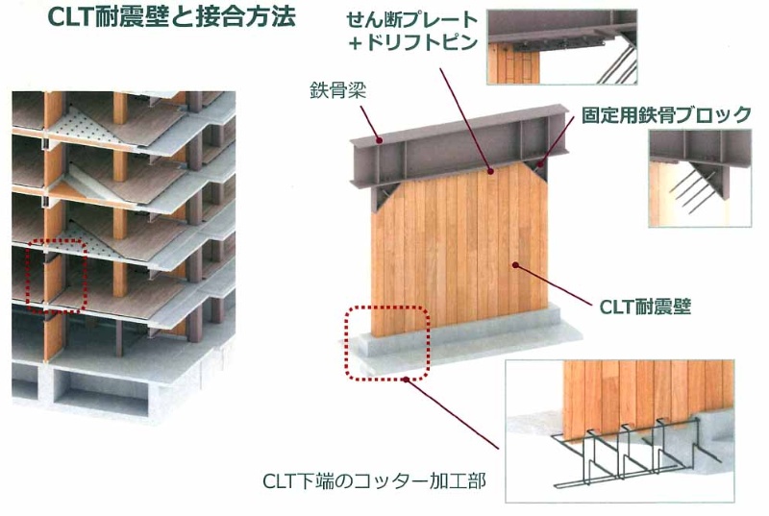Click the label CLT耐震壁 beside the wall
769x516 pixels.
point(645,307)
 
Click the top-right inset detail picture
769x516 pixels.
point(561,49)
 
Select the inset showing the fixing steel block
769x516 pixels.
point(700,178)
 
